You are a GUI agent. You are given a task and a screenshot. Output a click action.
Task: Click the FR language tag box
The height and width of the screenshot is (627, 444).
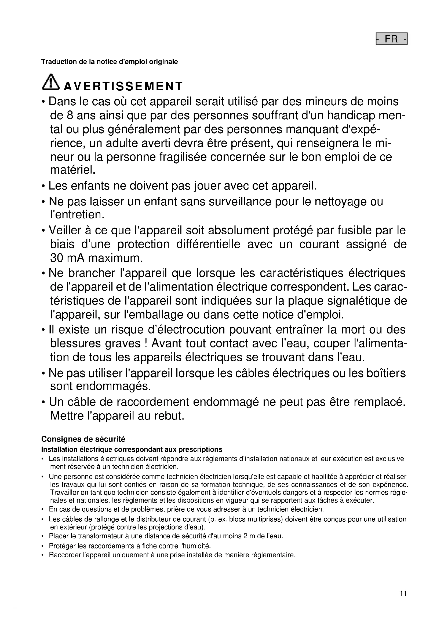(x=391, y=39)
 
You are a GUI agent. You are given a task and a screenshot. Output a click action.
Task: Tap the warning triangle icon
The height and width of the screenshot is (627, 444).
(x=50, y=82)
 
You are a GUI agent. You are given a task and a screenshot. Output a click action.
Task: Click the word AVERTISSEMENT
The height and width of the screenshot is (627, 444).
(x=123, y=86)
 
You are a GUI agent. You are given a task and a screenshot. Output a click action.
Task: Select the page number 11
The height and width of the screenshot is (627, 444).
(x=403, y=593)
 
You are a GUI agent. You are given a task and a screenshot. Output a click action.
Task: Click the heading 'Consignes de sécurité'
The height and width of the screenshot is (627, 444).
(x=83, y=439)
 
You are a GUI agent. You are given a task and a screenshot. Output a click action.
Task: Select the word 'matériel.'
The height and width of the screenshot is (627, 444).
(x=73, y=170)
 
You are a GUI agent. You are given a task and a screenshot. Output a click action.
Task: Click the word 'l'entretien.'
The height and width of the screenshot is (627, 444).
(x=77, y=215)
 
